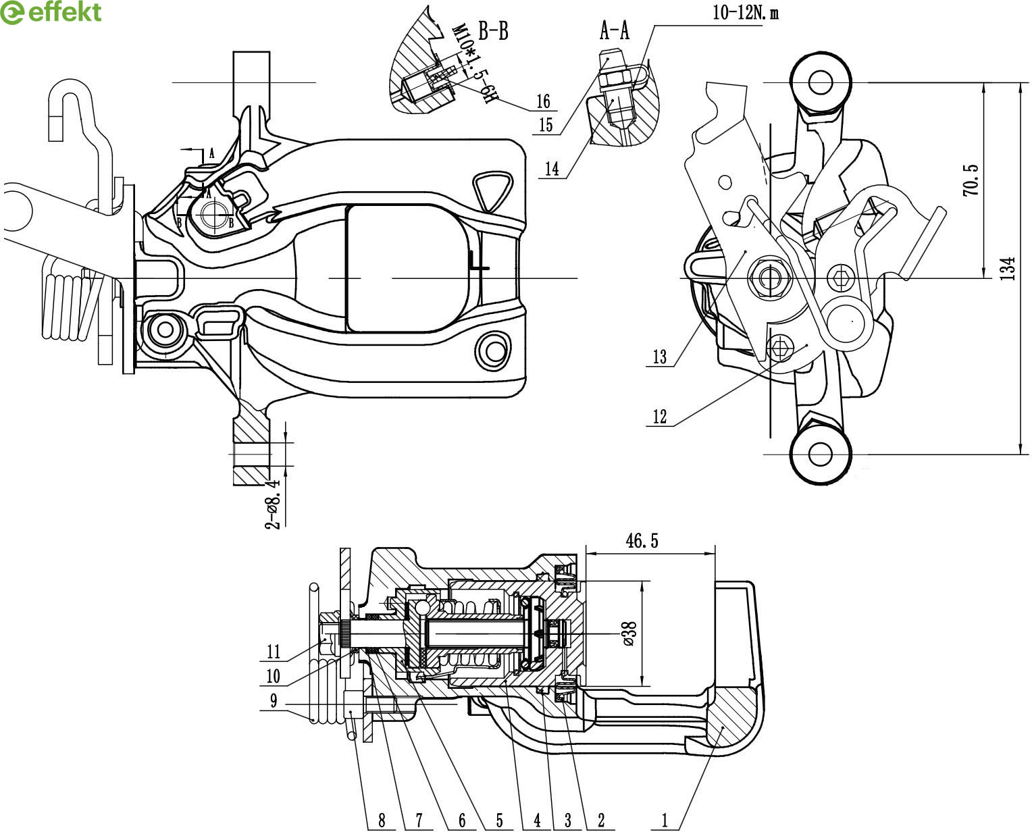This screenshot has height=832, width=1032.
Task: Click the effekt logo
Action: pos(51,12)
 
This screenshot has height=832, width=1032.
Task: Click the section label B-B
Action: pos(493,31)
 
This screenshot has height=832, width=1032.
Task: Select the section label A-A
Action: pos(614,30)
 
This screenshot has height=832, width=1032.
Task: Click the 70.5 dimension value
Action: pos(971,180)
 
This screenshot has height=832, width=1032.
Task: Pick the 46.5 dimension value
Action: pos(642,540)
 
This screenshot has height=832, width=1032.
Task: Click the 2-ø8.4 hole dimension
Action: pos(274,504)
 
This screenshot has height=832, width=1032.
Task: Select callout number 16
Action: pos(544,101)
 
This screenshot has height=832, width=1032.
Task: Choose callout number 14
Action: pos(552,169)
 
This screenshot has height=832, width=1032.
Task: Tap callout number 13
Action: pos(660,357)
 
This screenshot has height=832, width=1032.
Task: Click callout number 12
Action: pos(660,417)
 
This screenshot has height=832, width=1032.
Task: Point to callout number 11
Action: pos(274,652)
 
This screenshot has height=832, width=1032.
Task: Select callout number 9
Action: pos(274,701)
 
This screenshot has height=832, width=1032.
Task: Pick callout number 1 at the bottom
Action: pos(665,821)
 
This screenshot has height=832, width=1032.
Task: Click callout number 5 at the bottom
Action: pos(499,821)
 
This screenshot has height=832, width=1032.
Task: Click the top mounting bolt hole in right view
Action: pos(820,82)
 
